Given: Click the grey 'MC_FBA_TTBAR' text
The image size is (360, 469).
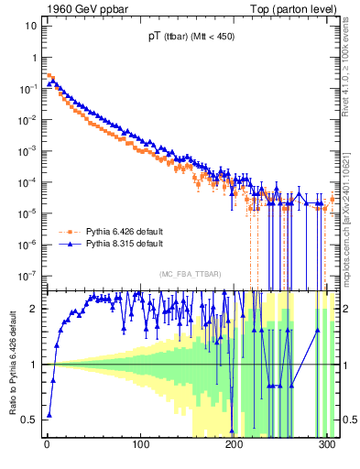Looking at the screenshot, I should point(189,275).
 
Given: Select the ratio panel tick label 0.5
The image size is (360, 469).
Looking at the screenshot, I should point(31,420).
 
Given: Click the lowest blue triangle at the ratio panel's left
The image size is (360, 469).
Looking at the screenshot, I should point(49,414).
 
